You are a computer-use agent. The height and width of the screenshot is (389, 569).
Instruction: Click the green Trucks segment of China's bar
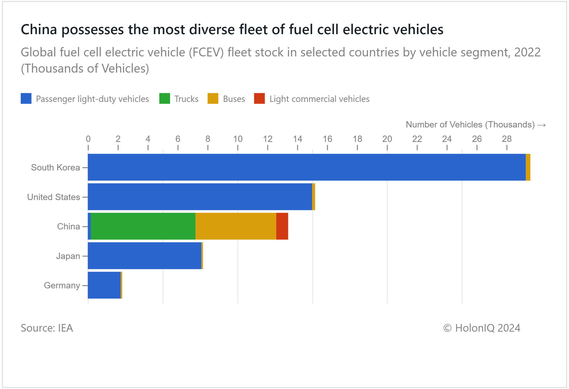[143, 226]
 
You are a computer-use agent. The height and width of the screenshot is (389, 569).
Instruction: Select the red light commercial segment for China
[282, 226]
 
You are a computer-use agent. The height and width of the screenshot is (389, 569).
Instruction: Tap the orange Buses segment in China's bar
[236, 226]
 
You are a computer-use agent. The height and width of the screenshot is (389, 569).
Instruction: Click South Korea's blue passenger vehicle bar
[306, 167]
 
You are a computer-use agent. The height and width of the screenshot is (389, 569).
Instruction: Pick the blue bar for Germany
[104, 285]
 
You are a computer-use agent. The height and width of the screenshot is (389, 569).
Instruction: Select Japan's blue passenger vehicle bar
[145, 256]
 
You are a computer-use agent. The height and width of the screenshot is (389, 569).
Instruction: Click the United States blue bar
[200, 197]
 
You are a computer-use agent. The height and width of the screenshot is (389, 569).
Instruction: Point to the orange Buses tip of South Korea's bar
[528, 167]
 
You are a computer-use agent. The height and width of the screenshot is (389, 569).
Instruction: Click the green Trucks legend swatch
[164, 98]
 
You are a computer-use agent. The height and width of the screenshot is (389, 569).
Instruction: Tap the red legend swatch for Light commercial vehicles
[259, 98]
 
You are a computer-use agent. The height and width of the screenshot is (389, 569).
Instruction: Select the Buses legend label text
[234, 99]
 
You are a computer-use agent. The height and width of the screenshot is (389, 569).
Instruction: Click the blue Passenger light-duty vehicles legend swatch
[26, 98]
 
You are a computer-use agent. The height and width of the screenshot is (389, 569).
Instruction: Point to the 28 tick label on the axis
[507, 139]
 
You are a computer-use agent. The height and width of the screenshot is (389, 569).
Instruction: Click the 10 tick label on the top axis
[238, 139]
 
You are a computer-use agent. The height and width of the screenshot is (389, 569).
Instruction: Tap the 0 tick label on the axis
[88, 139]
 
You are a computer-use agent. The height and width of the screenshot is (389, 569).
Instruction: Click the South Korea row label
[55, 168]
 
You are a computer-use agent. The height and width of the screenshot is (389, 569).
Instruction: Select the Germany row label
[62, 285]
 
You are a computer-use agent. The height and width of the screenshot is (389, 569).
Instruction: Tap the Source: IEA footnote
[47, 328]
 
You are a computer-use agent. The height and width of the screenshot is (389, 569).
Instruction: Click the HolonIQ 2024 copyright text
[482, 328]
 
